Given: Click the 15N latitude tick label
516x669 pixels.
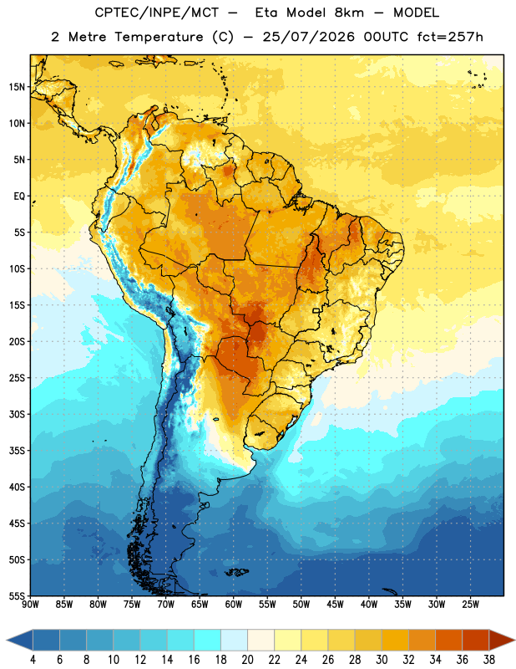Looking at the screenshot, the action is point(17,87).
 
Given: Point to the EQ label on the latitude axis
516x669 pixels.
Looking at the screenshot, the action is point(19,197).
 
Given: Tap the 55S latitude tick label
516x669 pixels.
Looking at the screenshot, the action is point(17,596).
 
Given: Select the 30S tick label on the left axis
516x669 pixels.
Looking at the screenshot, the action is point(17,414).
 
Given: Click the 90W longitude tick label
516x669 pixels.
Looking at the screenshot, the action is point(30,605).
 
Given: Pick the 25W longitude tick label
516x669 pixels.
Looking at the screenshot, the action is point(470,605).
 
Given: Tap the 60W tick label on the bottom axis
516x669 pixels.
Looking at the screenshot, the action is point(234,605).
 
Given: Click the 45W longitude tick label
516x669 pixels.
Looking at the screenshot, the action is point(335,605).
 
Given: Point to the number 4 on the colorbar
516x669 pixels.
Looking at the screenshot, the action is point(33,660).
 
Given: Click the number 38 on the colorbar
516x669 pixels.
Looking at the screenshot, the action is point(489,660).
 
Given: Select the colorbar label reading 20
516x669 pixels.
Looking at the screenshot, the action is point(247,660).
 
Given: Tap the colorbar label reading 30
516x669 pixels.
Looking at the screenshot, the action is point(382,660).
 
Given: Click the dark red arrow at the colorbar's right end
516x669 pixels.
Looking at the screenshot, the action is point(501,640).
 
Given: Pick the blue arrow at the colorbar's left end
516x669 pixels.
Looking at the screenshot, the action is point(20,640).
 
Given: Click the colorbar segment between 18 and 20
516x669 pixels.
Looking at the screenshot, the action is point(234,640).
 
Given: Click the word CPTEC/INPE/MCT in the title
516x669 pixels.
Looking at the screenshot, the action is point(157,13).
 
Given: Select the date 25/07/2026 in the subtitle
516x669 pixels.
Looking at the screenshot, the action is point(308,37).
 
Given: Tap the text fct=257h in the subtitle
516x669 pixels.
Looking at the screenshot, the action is point(450,37).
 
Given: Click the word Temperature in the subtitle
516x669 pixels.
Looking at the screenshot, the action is point(159,37).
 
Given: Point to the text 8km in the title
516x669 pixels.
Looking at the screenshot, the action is point(349,13).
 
